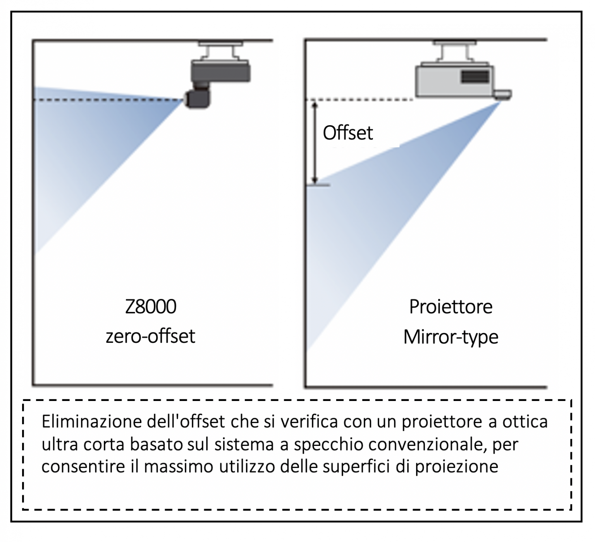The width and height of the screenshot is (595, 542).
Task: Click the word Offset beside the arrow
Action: tap(347, 133)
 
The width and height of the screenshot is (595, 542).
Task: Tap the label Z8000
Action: tap(150, 307)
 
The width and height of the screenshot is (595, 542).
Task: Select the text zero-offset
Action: tap(150, 336)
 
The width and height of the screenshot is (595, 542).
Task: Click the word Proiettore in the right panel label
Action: tap(451, 307)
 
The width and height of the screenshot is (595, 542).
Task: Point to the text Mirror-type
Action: tap(451, 337)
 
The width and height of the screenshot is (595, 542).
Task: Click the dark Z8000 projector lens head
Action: tap(198, 99)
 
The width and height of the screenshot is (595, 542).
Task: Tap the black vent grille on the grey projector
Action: tap(475, 76)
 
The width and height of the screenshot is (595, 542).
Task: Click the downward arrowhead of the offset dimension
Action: tap(315, 180)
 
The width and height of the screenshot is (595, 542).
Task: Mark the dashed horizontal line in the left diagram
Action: tap(108, 100)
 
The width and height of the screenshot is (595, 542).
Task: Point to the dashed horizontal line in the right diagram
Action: tap(360, 100)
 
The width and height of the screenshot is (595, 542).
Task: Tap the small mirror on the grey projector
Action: tap(503, 94)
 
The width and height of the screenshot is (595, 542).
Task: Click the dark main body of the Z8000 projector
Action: tap(221, 71)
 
